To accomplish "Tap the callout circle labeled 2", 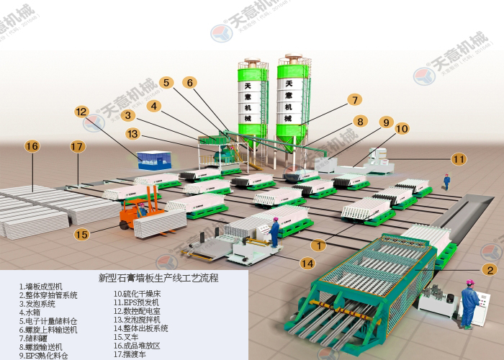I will click(490, 270).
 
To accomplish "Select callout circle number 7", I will click(354, 100).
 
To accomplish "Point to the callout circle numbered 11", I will click(459, 158).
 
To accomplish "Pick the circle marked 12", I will click(81, 112).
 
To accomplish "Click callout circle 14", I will click(307, 264).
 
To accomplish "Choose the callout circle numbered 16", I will click(32, 146).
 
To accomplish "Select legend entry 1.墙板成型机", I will click(43, 287).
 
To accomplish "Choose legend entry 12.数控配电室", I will click(139, 311).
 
